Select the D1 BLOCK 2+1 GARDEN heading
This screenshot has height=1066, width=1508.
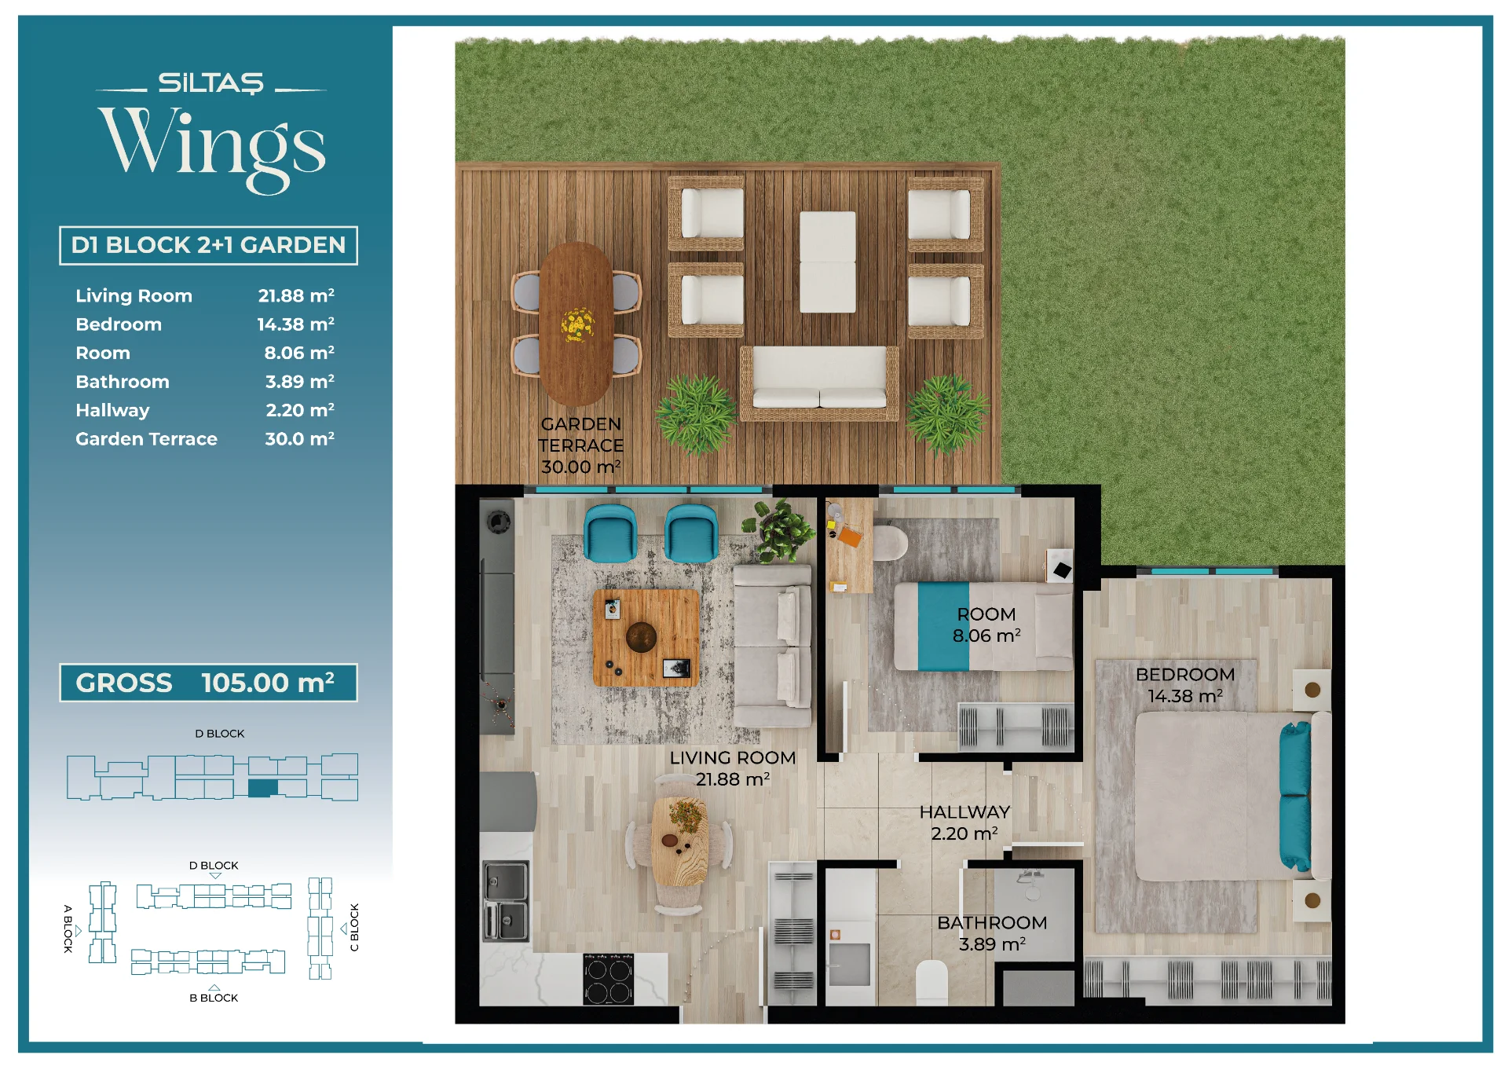(x=208, y=245)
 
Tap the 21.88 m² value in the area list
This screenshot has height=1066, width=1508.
(x=296, y=295)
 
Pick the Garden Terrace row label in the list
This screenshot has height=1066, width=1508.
(x=146, y=439)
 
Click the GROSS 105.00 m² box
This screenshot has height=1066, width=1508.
(x=208, y=683)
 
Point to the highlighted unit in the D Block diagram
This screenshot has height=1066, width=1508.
(x=263, y=788)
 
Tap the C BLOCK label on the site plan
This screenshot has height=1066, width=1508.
(x=354, y=928)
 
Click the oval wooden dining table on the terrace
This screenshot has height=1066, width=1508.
(x=576, y=324)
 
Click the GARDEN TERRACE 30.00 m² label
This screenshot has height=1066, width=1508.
(x=581, y=445)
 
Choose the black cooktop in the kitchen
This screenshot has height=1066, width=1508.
(x=609, y=979)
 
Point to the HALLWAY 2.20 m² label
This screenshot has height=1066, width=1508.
(x=964, y=822)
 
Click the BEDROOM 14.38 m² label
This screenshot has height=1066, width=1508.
(x=1185, y=685)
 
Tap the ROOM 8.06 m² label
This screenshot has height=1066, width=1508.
(x=986, y=625)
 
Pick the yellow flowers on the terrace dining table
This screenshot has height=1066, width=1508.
(x=577, y=324)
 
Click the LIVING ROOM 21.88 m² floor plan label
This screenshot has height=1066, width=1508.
(x=733, y=768)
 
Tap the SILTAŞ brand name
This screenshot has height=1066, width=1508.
(x=211, y=82)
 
